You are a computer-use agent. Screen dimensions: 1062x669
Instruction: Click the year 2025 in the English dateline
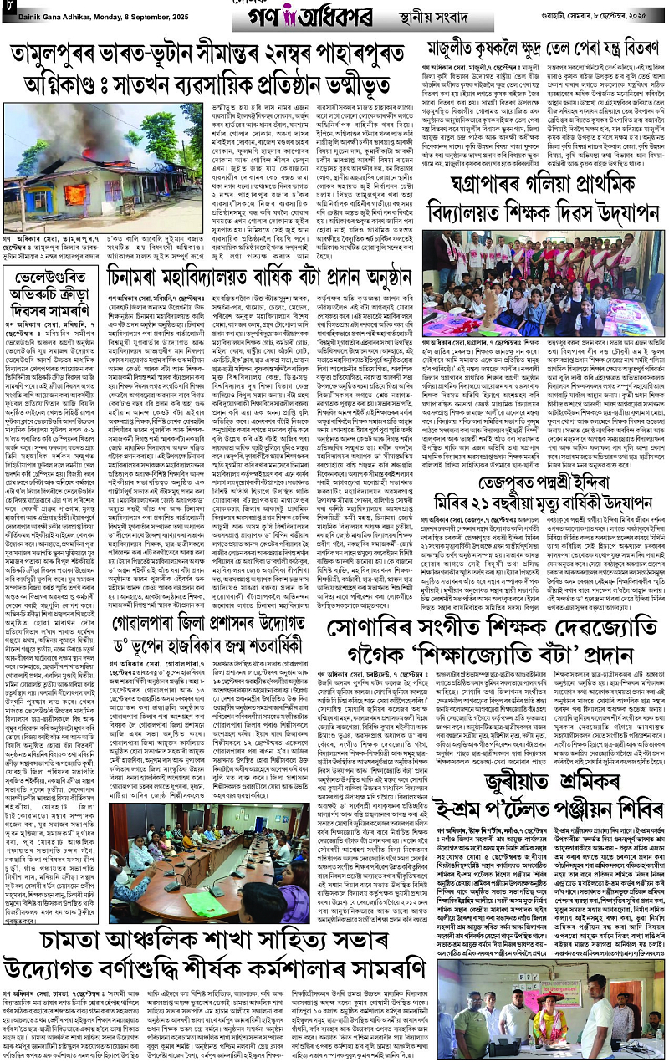click(186, 8)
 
